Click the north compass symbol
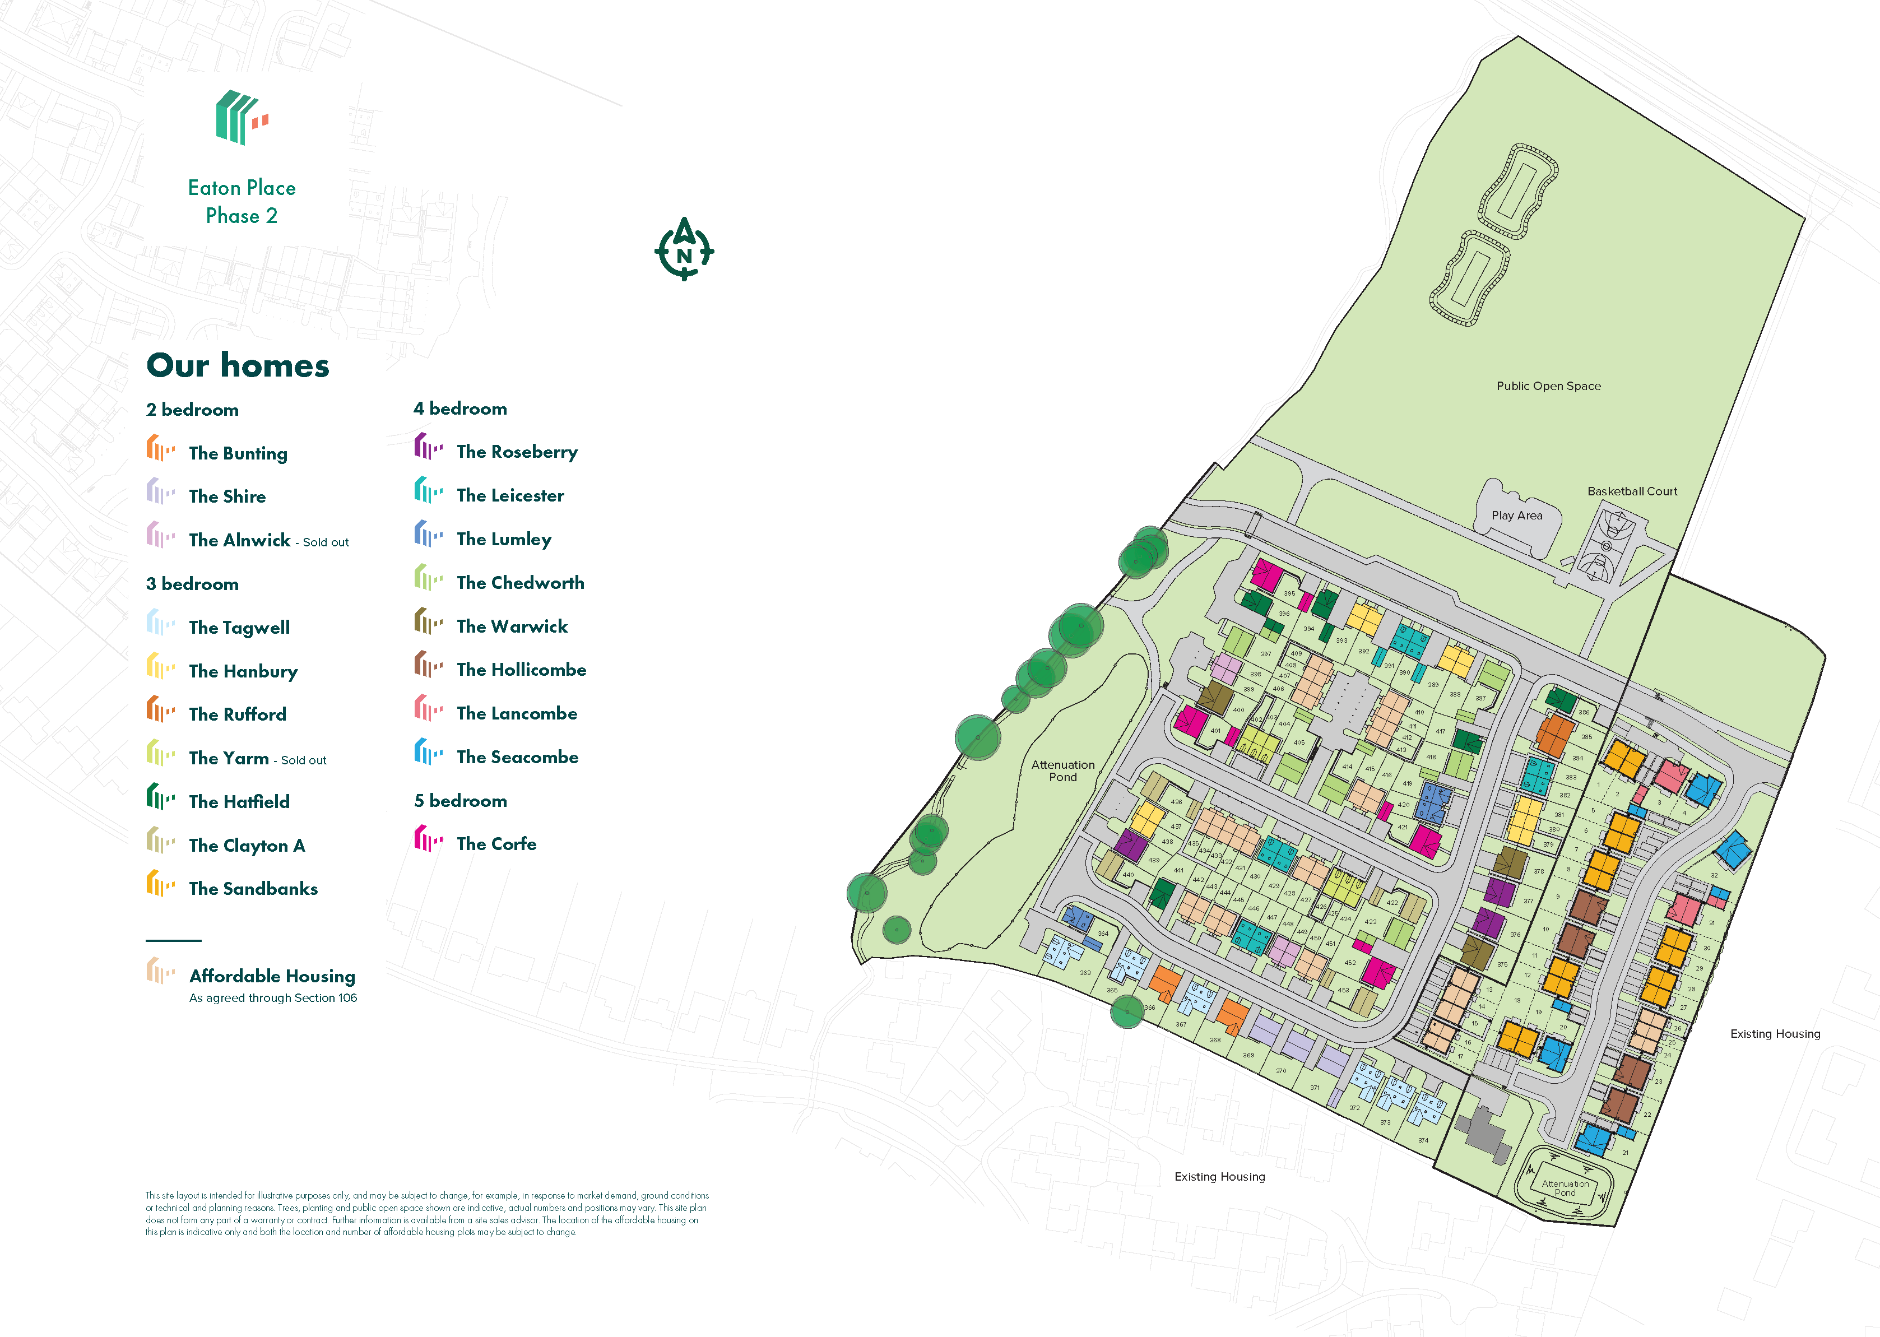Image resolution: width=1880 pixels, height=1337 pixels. (x=684, y=249)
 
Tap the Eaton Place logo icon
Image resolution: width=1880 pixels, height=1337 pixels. (x=241, y=118)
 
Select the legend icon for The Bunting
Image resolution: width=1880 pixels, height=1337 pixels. (x=160, y=449)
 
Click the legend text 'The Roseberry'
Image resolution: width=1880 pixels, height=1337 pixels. (x=517, y=452)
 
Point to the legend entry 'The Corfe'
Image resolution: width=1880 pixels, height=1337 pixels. (x=496, y=844)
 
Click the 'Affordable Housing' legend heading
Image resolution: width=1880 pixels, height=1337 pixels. (x=272, y=976)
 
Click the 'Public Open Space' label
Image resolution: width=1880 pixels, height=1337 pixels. (x=1548, y=386)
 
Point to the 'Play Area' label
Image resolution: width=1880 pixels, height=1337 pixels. (x=1516, y=516)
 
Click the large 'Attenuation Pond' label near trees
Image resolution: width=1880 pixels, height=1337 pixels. (x=1062, y=770)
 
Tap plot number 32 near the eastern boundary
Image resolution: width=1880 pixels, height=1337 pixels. (x=1714, y=875)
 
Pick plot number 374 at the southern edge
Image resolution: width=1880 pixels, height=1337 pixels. (x=1423, y=1140)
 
